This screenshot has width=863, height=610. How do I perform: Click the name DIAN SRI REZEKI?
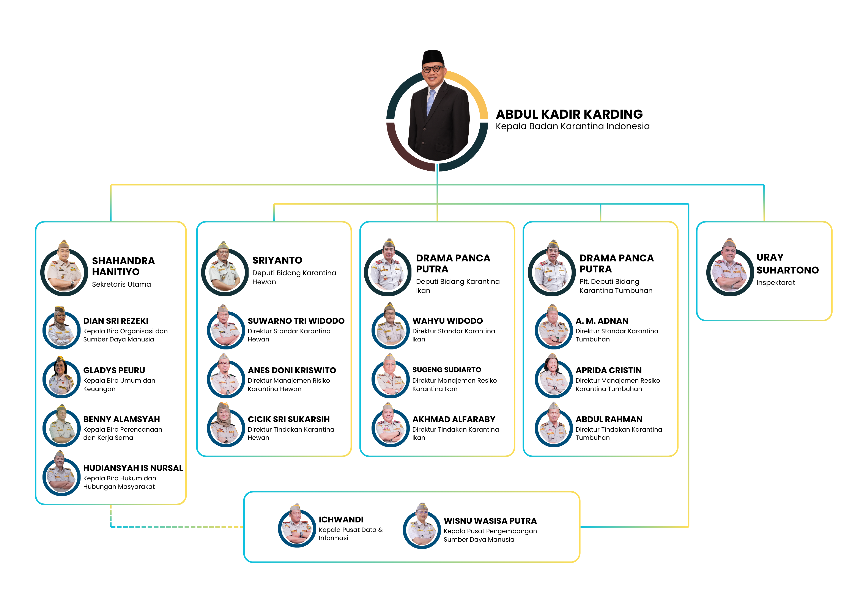[116, 321]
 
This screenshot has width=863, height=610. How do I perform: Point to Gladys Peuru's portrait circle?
[61, 377]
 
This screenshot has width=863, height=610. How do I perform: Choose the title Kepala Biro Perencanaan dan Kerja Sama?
[123, 433]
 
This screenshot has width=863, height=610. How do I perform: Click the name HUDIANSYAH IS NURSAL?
[133, 468]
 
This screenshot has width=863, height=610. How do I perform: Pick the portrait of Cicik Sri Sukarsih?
[225, 425]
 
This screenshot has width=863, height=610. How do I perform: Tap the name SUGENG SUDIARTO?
[447, 370]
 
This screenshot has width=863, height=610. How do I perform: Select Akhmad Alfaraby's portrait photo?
[390, 425]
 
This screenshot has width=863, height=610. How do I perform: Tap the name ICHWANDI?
[341, 519]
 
